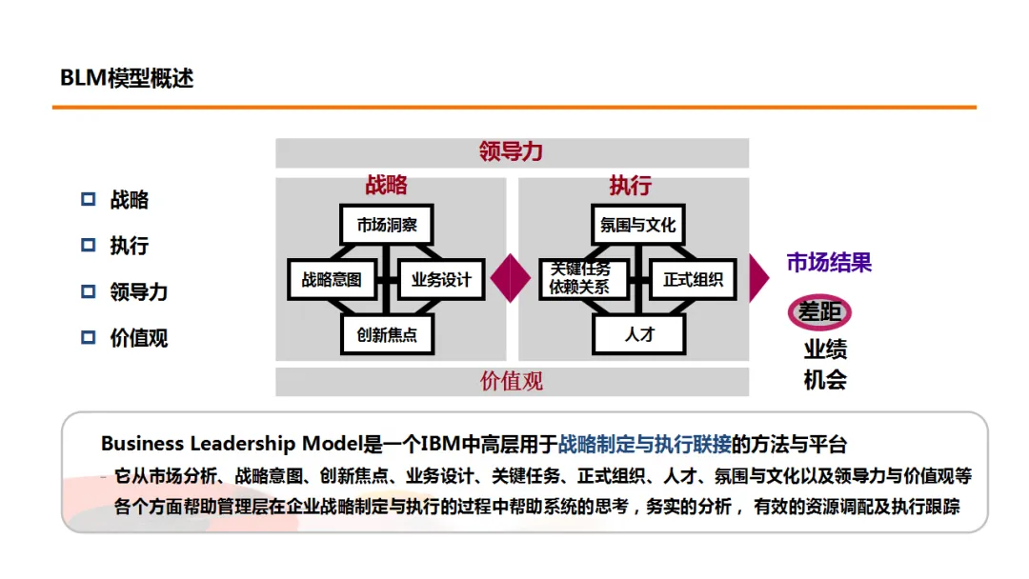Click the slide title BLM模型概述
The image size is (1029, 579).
coord(127,78)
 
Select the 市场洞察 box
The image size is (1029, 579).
coord(387,225)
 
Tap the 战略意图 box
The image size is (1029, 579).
coord(332,280)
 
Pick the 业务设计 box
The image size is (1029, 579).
coord(441,280)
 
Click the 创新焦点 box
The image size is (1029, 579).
coord(387,335)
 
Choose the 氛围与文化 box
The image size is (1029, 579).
coord(637,225)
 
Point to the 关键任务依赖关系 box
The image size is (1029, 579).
coord(582,278)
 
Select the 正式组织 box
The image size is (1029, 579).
coord(693,280)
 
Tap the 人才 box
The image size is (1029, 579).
coord(639,335)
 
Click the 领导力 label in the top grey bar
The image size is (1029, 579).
coord(512,152)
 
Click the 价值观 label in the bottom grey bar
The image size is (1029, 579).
coord(512,382)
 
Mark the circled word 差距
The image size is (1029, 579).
coord(819,312)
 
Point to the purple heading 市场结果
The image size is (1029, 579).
coord(829,263)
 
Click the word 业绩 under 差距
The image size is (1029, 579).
coord(825,349)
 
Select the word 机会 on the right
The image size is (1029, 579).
coord(825,379)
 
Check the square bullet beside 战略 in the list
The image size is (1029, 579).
coord(89,200)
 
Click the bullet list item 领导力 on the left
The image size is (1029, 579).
coord(139,292)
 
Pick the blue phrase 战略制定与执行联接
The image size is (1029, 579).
coord(645,444)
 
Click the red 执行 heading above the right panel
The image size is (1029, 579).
coord(630,185)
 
